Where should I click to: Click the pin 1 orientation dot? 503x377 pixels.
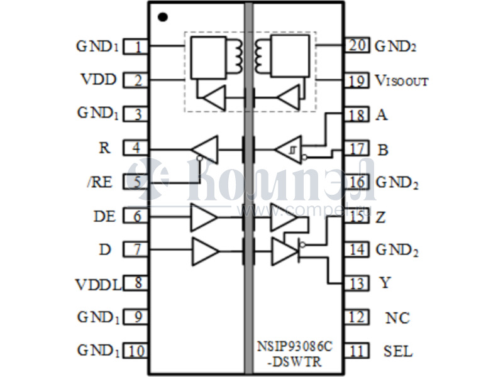tap(163, 16)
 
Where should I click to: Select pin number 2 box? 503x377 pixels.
tap(136, 80)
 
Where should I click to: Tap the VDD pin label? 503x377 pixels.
tap(97, 80)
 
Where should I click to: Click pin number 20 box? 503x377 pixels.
tap(356, 45)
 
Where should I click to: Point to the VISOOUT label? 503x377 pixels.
tap(401, 80)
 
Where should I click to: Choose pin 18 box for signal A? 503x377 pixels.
tap(356, 115)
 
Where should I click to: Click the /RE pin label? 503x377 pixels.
tap(99, 182)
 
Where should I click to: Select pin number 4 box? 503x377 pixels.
tap(136, 148)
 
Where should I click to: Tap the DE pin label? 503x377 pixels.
tap(104, 216)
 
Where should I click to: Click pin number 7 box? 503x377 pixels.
tap(136, 249)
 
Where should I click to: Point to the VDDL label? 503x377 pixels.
tap(98, 283)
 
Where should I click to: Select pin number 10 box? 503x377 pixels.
tap(136, 351)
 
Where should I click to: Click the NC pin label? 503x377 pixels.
tap(397, 318)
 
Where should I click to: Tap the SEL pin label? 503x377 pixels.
tap(397, 351)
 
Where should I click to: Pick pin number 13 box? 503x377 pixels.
tap(357, 283)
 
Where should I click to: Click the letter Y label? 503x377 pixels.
tap(384, 283)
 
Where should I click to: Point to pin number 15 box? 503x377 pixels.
tap(357, 217)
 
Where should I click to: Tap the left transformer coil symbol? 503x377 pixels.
tap(237, 55)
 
